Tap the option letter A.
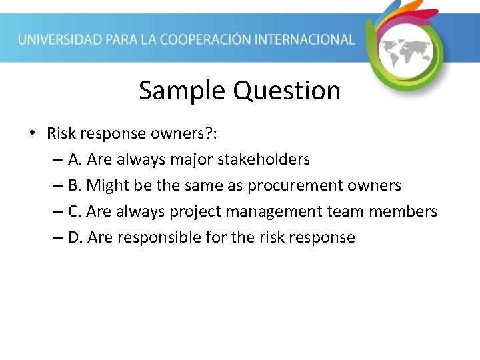(x=73, y=159)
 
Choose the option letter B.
(x=73, y=185)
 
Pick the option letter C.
(x=73, y=211)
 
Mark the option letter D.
(x=74, y=237)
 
